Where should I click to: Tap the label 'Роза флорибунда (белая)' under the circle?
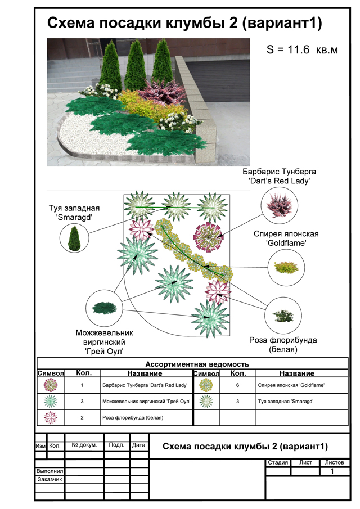pyautogui.click(x=283, y=345)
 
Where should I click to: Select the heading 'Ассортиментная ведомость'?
pyautogui.click(x=197, y=364)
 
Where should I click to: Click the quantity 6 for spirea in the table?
pyautogui.click(x=238, y=385)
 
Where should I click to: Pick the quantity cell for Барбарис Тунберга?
pyautogui.click(x=82, y=385)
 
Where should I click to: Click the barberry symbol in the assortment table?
pyautogui.click(x=51, y=385)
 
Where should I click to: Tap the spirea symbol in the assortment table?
pyautogui.click(x=206, y=385)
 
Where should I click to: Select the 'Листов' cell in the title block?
pyautogui.click(x=336, y=463)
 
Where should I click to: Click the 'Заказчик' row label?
pyautogui.click(x=49, y=480)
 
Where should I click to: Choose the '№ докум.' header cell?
pyautogui.click(x=84, y=445)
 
